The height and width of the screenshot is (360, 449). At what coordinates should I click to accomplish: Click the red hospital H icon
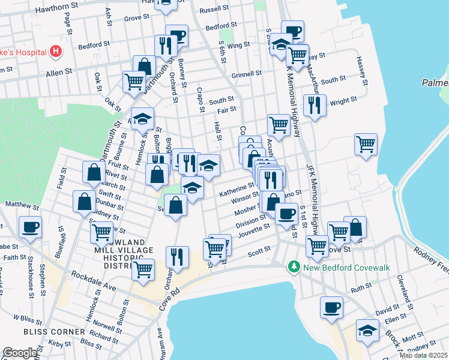[56, 52]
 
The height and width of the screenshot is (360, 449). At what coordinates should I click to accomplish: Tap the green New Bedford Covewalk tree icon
[294, 265]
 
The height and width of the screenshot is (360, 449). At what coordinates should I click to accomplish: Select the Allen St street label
[59, 71]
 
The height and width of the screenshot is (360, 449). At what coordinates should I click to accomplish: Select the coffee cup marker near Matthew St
[30, 227]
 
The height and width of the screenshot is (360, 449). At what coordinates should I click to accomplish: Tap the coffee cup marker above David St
[331, 307]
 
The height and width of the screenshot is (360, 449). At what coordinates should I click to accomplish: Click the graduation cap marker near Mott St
[367, 330]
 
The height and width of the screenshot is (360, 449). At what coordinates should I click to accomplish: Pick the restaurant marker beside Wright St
[315, 106]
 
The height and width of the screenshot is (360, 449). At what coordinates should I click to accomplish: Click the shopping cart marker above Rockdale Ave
[143, 270]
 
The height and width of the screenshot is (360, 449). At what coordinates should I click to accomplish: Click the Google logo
[19, 353]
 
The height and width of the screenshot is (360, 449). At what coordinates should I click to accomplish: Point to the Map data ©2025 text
[423, 355]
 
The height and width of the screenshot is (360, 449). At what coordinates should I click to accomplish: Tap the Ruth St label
[361, 287]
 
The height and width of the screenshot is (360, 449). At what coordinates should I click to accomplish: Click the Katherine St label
[237, 190]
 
